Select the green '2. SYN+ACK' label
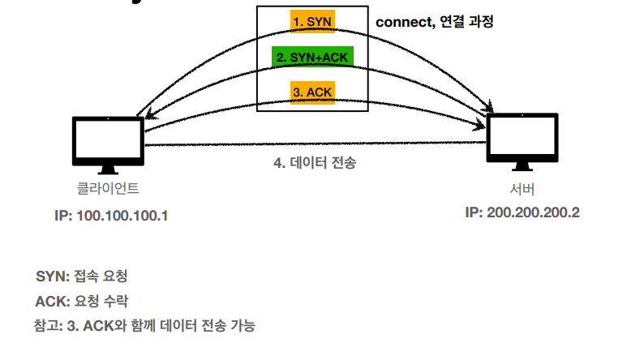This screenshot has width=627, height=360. pyautogui.click(x=312, y=57)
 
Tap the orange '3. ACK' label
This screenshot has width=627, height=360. pyautogui.click(x=312, y=92)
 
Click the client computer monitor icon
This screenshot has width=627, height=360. pyautogui.click(x=108, y=139)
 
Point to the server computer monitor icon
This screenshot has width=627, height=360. pyautogui.click(x=522, y=138)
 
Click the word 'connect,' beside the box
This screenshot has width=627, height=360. pyautogui.click(x=403, y=22)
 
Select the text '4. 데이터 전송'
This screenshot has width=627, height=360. pyautogui.click(x=314, y=162)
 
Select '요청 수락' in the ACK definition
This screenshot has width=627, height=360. pyautogui.click(x=101, y=300)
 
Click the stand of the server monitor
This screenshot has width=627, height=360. pyautogui.click(x=522, y=166)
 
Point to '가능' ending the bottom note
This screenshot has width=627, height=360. pyautogui.click(x=241, y=326)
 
